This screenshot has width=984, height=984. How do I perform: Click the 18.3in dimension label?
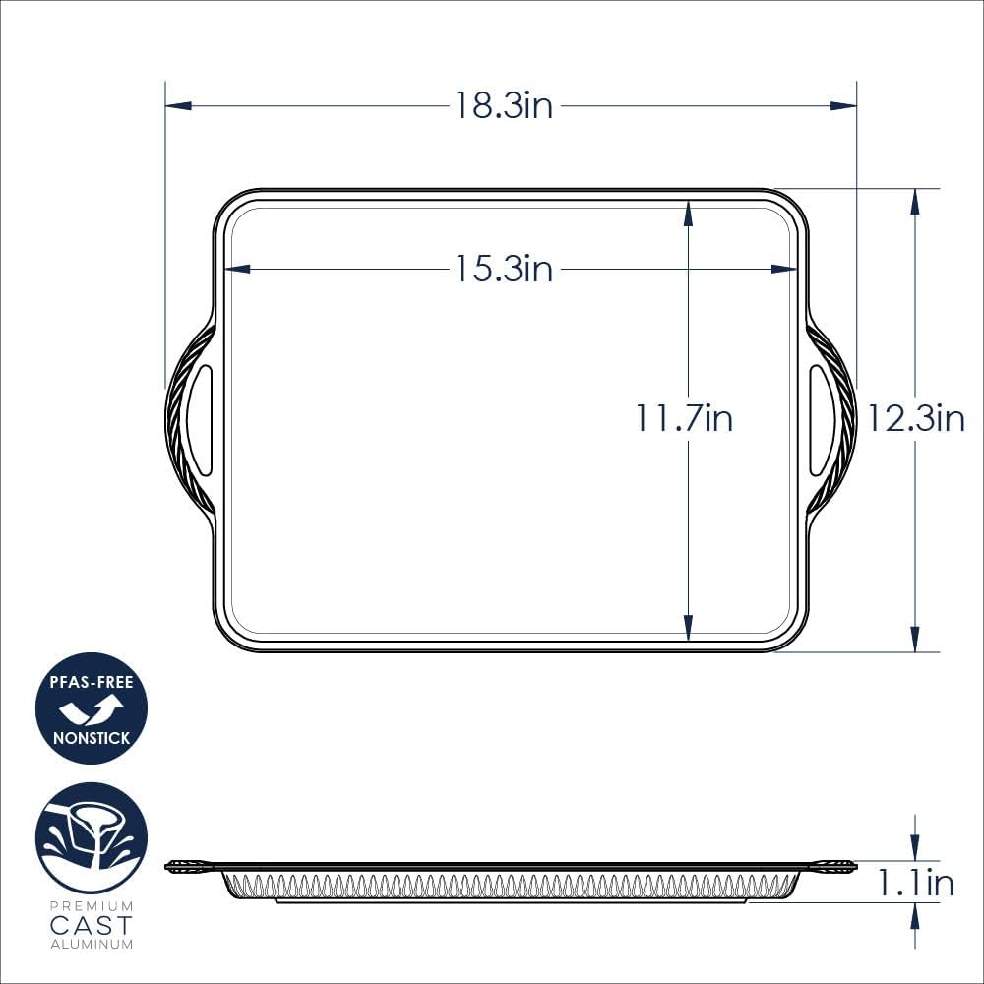(x=503, y=105)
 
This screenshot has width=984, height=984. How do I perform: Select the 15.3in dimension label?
(x=503, y=268)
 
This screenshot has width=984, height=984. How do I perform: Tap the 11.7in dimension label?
(x=684, y=419)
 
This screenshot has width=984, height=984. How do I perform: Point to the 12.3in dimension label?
(x=915, y=419)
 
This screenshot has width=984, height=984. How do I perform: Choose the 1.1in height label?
(x=915, y=883)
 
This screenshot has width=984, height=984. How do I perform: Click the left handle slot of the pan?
(x=200, y=420)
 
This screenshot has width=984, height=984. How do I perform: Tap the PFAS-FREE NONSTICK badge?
(x=92, y=708)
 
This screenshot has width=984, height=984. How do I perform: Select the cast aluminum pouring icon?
(x=92, y=837)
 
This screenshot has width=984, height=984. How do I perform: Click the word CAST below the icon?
(x=92, y=925)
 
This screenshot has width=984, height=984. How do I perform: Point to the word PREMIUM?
(x=92, y=905)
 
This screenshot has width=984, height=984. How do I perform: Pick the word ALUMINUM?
(x=92, y=945)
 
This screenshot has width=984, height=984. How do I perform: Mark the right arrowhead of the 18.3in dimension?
(x=844, y=105)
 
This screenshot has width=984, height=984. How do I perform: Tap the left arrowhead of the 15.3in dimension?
(x=237, y=268)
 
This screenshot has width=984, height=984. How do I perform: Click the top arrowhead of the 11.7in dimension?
(x=688, y=213)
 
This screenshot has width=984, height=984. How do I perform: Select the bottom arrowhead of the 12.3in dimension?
(x=915, y=640)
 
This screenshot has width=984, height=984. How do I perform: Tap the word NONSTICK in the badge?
(x=92, y=737)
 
